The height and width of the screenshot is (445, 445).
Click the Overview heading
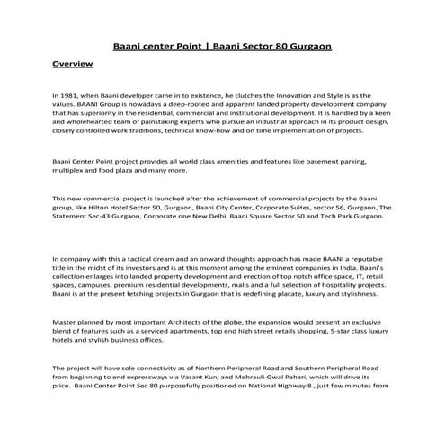73,66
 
